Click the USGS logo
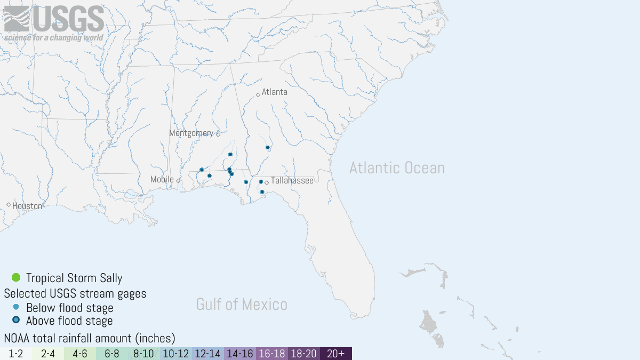coord(54,22)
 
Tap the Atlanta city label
coord(274,92)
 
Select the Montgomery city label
coord(191,133)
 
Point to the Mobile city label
coord(162,180)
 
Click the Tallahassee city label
coord(292,181)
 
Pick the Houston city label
coord(27,206)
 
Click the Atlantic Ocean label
coord(397,168)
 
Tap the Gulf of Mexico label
coord(242,305)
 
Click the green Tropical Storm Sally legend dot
coord(16,277)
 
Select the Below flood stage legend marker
coord(16,307)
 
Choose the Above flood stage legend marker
coord(16,320)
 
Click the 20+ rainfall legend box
coord(336,354)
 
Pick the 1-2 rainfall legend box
coord(16,354)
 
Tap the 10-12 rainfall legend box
coord(176,354)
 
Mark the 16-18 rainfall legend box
coord(272,354)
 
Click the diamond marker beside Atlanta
coord(258,94)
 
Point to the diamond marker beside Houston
coord(9,205)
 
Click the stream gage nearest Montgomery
coord(230,154)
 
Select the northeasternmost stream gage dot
coord(267,147)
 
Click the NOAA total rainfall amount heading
coord(90,338)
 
